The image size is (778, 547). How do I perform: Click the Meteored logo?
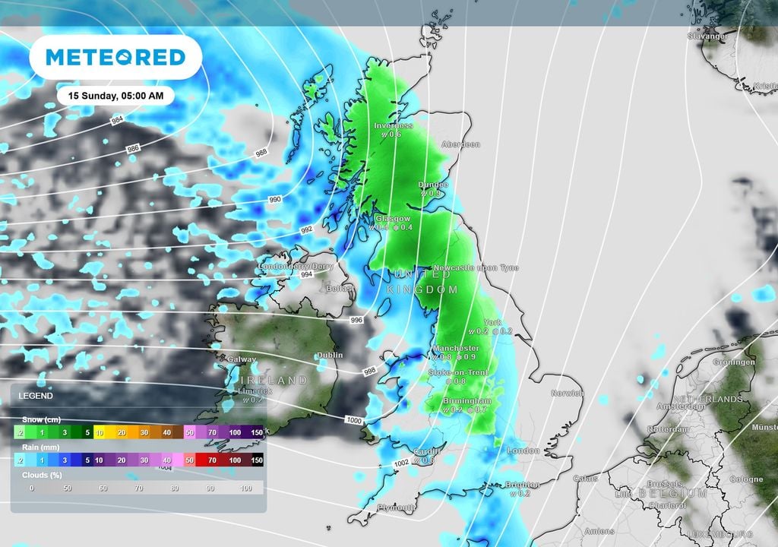click(115, 57)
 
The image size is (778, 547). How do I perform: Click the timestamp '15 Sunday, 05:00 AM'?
click(115, 96)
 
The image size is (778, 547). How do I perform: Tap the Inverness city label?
click(394, 125)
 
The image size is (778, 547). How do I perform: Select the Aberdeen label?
click(461, 144)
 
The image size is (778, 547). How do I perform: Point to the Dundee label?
click(433, 185)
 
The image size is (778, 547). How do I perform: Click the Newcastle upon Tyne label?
click(475, 268)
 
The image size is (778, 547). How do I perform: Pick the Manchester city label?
click(455, 348)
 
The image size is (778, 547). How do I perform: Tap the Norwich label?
click(568, 393)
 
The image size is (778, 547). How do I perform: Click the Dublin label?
click(330, 355)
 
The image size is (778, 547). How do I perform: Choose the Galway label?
click(242, 359)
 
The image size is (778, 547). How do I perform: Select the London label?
click(523, 451)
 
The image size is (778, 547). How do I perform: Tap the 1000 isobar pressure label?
click(354, 420)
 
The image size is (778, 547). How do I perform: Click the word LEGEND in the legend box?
click(36, 396)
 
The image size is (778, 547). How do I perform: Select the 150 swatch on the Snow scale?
click(257, 432)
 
